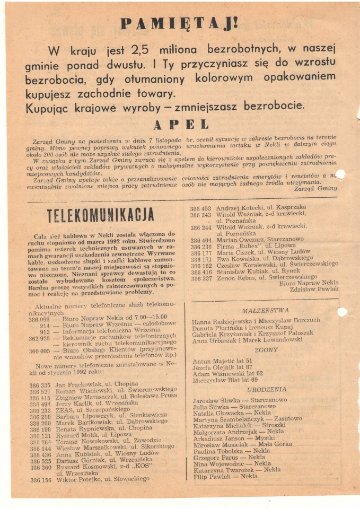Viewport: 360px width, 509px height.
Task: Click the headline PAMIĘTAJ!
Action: [x=179, y=24]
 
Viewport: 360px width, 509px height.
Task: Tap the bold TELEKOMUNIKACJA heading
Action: [x=101, y=215]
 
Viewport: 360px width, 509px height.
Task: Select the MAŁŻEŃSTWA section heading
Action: [x=265, y=311]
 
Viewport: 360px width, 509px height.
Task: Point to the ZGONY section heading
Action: [x=266, y=350]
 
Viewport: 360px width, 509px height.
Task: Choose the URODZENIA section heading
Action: [x=266, y=390]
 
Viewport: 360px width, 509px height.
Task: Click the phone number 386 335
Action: [x=40, y=385]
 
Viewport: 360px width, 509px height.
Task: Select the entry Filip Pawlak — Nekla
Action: [x=225, y=476]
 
